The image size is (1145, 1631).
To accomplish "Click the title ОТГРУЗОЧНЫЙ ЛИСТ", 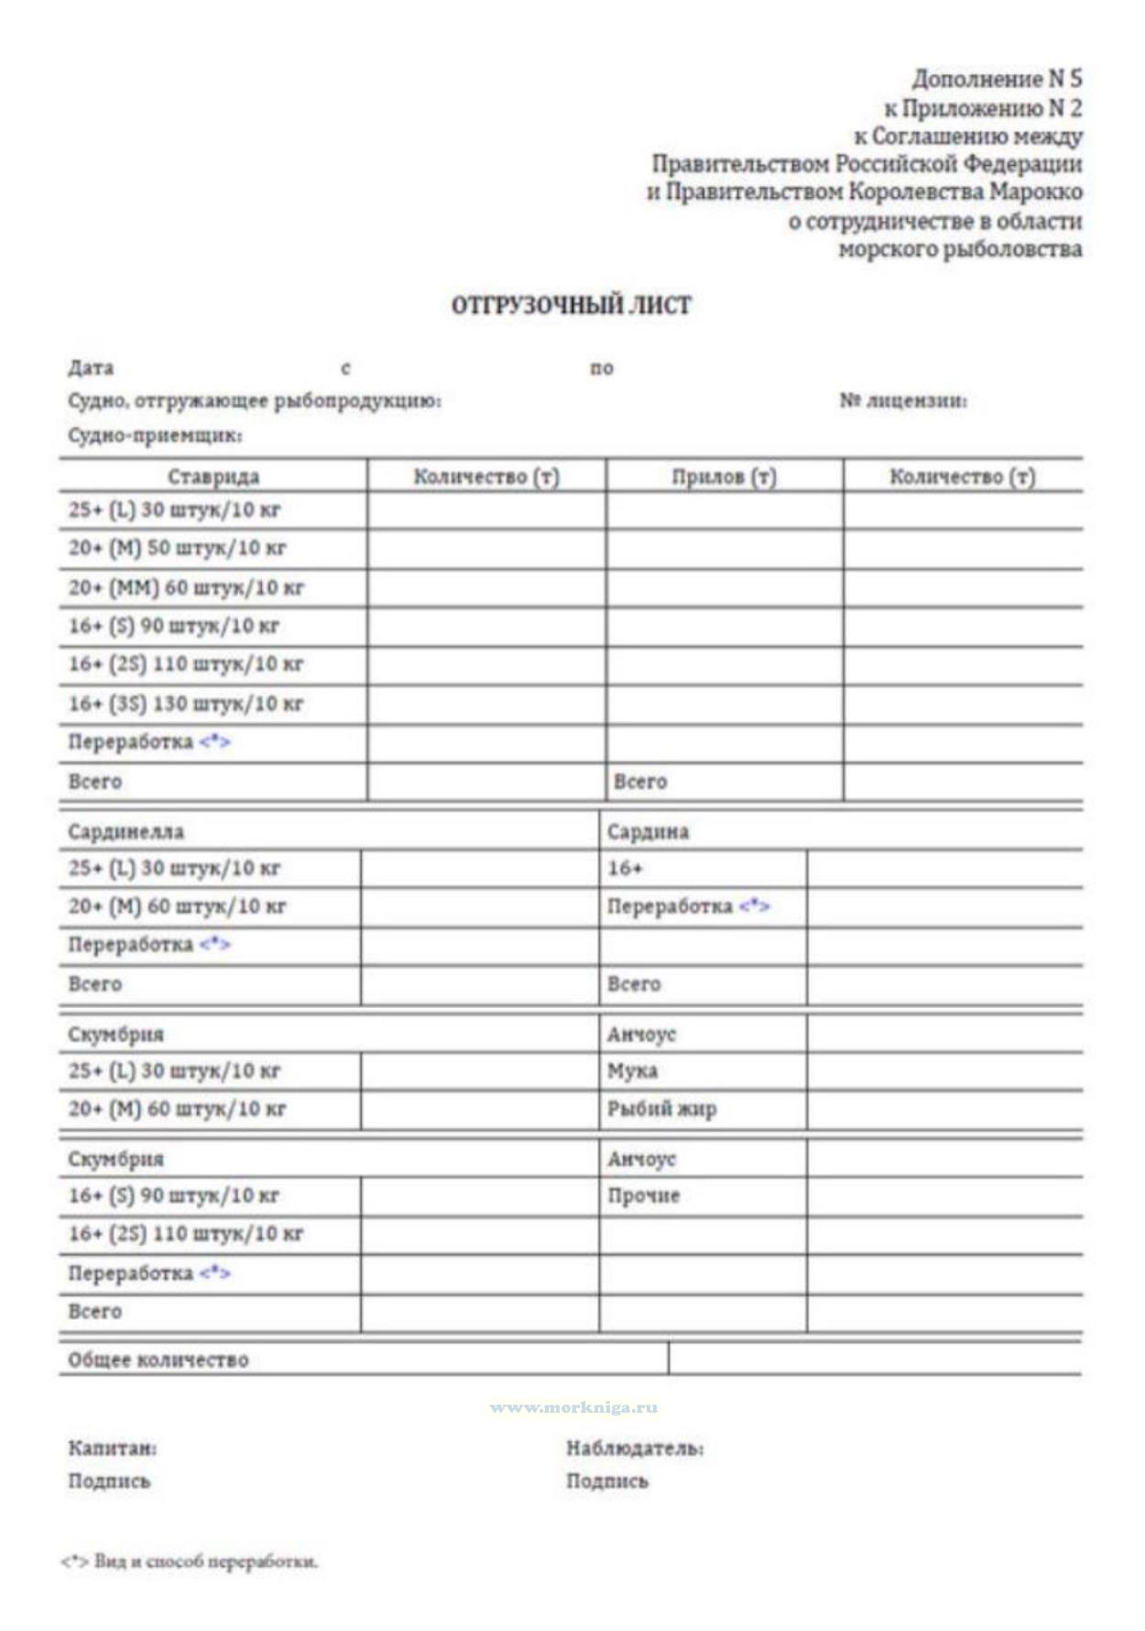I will [x=571, y=305].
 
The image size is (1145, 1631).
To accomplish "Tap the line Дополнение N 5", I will [x=997, y=79].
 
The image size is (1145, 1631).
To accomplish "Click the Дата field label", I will [x=91, y=368].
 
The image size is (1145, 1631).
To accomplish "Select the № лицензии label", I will [x=903, y=400].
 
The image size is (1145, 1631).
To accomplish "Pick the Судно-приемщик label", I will [x=155, y=435].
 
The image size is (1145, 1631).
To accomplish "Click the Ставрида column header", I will [x=213, y=476].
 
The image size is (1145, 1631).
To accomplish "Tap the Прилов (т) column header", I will [x=724, y=476].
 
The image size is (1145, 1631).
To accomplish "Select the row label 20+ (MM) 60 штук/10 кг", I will [x=186, y=587].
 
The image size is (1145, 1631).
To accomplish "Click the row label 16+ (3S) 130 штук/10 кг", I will [x=186, y=704].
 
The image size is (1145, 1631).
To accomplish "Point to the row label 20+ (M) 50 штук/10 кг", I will [x=177, y=548].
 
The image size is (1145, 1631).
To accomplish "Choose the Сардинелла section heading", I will [x=126, y=832].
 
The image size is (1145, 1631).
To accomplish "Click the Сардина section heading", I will [x=648, y=832].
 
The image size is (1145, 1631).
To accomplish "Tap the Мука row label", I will [x=632, y=1070].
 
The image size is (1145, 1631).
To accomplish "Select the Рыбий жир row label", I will [x=661, y=1109].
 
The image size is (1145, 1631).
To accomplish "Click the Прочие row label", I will [x=643, y=1196].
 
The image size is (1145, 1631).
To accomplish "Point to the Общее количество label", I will [x=158, y=1360].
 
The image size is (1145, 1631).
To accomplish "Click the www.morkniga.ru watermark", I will [x=573, y=1407].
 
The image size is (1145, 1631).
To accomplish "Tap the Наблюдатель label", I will [x=635, y=1449].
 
